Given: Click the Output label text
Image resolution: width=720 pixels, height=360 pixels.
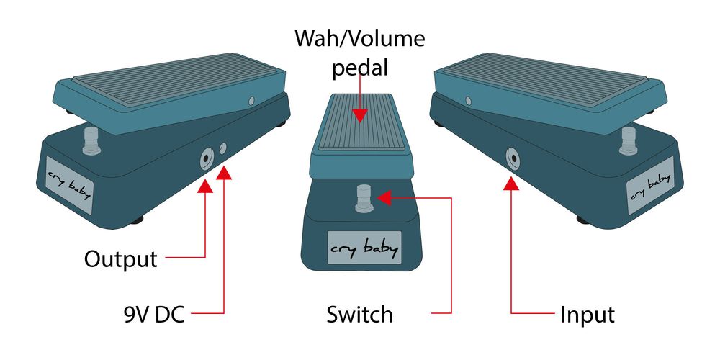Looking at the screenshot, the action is tap(121, 259).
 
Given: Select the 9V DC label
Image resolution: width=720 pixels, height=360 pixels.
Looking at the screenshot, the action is tap(154, 315).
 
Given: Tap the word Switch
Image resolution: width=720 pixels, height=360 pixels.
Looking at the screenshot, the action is tap(359, 315).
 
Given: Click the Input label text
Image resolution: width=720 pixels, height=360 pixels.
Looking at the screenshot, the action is tap(588, 315).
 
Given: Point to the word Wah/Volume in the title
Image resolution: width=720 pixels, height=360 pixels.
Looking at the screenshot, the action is tap(359, 39).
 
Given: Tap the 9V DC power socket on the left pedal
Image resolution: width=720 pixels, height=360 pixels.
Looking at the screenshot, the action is tap(223, 148).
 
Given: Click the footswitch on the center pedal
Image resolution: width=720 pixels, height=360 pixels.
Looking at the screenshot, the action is tap(363, 199).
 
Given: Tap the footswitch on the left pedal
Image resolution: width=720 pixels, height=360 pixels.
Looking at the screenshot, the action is tap(92, 141).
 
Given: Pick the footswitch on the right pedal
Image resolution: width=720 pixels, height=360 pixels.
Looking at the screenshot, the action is tap(628, 141).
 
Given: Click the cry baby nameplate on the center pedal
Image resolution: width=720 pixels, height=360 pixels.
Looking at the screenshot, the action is tap(364, 248).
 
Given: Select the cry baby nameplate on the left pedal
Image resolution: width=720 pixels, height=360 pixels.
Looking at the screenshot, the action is tap(69, 185).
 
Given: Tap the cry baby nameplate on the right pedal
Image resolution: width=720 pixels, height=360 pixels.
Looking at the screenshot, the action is tap(650, 185).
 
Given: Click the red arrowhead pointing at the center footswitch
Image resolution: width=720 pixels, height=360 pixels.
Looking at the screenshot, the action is tap(384, 197).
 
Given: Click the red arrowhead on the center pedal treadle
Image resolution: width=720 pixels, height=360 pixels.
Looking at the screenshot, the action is tap(359, 116).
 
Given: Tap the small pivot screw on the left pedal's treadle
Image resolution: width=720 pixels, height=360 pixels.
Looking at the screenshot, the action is tap(251, 101).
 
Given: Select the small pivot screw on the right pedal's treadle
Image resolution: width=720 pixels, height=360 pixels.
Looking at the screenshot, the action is tap(469, 101).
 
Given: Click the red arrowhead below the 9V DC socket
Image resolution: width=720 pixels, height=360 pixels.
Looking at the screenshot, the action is tap(224, 173).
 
